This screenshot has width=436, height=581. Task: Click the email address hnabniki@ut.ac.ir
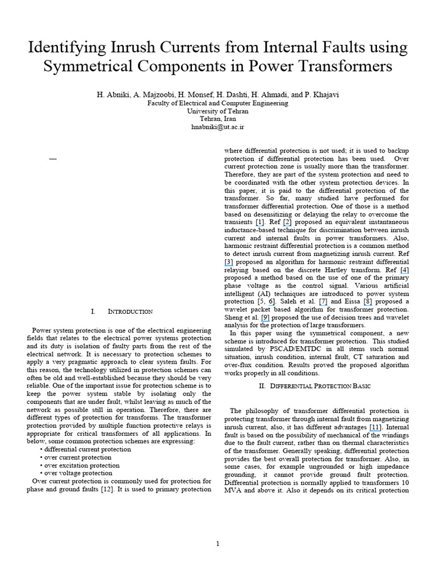point(217,128)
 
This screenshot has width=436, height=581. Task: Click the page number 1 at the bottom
point(217,544)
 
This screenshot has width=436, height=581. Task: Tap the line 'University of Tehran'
point(217,112)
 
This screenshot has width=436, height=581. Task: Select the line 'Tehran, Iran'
point(217,120)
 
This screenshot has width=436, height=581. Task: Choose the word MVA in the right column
point(233,490)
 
